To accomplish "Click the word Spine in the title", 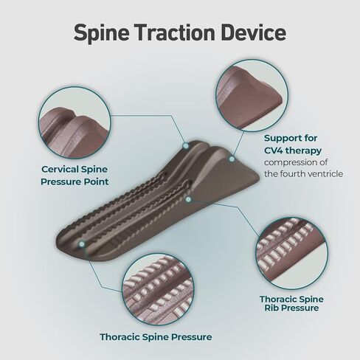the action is point(101,32).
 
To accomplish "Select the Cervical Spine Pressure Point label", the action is point(75,176).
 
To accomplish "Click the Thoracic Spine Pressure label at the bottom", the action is point(156,337).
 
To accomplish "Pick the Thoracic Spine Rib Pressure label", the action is point(291,303).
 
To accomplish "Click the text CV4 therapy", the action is point(293,150).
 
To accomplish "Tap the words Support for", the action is point(291,138).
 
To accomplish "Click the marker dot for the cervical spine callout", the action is point(186,146).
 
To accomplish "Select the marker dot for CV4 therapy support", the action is point(231,159).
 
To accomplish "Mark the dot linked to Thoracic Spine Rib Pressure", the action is point(188,199).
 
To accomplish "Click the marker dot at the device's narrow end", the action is point(82,244).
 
